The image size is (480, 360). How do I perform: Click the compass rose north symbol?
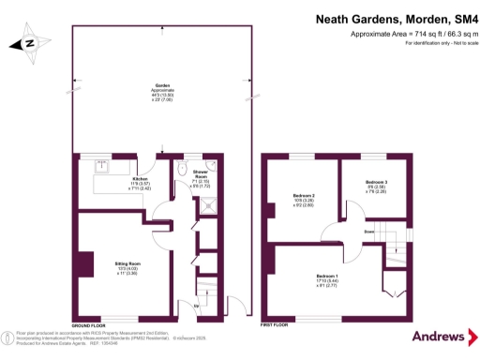[x=28, y=42]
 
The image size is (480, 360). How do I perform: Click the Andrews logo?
[x=439, y=336]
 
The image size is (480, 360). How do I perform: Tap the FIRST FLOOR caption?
[x=275, y=323]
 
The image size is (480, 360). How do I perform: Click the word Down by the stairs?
[x=370, y=231]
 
